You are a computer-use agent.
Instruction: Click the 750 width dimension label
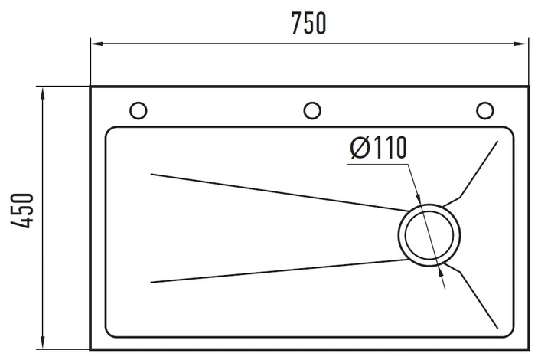tap(309, 23)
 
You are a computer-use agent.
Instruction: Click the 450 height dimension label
tap(21, 211)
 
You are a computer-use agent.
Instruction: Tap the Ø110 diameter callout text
tap(379, 147)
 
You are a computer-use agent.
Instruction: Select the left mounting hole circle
tap(138, 110)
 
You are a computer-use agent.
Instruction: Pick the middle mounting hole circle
tap(311, 110)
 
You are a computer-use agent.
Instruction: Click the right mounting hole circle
tap(484, 110)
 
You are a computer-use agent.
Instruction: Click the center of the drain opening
tap(429, 235)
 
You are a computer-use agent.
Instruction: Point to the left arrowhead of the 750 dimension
tap(96, 44)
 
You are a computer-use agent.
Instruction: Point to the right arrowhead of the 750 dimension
tap(522, 44)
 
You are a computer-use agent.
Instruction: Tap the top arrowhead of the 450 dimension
tap(43, 94)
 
